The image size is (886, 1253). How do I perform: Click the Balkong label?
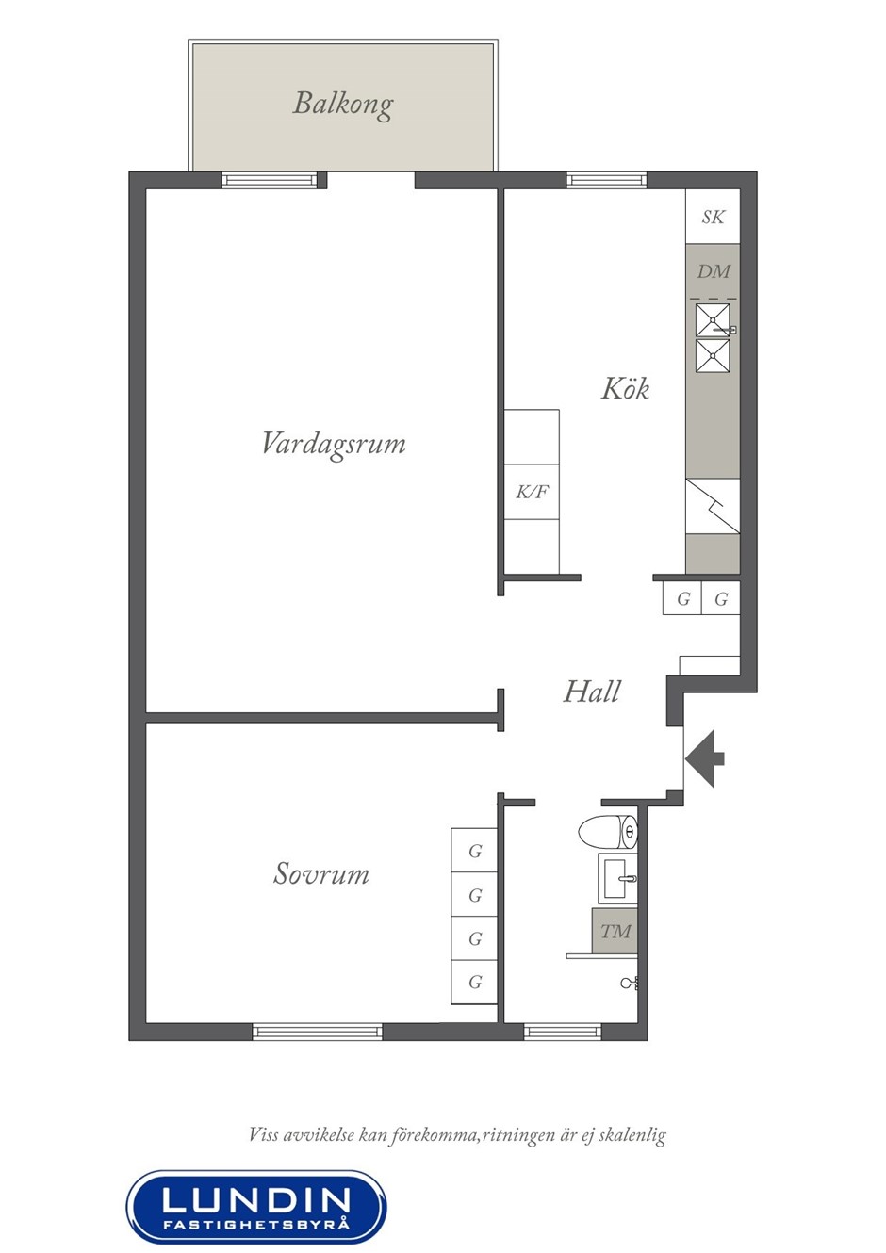[x=343, y=105]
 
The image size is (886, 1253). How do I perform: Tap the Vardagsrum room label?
[x=334, y=444]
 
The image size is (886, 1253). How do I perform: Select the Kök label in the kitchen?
[x=625, y=388]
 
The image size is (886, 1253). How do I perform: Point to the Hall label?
[x=592, y=692]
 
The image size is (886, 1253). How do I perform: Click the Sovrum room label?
[x=321, y=873]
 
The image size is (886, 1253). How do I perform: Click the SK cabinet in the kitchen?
[x=714, y=217]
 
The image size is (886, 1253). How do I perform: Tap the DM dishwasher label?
[x=714, y=272]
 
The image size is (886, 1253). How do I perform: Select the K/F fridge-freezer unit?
[x=532, y=492]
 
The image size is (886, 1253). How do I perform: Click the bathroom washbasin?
[x=617, y=878]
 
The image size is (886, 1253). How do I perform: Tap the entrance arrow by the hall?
[x=705, y=759]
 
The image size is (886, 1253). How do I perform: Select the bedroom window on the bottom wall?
[x=318, y=1032]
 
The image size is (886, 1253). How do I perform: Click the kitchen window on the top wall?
[x=607, y=180]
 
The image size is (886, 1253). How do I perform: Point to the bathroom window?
[x=562, y=1032]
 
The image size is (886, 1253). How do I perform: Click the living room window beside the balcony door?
[x=270, y=180]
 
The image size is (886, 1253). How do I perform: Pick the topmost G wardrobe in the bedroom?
[x=474, y=850]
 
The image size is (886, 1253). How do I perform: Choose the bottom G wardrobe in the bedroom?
[x=474, y=982]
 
